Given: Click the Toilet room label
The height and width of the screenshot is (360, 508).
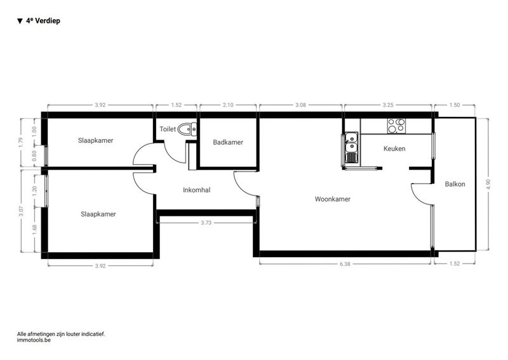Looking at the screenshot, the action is (x=168, y=129).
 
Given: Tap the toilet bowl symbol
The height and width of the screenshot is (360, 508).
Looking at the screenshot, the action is (x=187, y=129).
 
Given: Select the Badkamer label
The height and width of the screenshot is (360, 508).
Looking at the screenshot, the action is (x=228, y=142).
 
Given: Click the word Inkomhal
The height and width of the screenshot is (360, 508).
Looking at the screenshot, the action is (x=196, y=190).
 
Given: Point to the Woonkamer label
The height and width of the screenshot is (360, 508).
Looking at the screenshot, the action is (x=332, y=199).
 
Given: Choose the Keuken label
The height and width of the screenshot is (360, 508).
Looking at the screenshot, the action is (x=394, y=149).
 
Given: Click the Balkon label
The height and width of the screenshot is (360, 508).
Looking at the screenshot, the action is (x=455, y=184).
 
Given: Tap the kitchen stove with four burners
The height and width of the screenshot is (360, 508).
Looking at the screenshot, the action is (x=396, y=126).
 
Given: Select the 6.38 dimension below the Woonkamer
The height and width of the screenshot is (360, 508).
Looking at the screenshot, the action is (x=345, y=263).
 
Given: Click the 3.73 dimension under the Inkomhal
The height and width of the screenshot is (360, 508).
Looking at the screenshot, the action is (x=206, y=223).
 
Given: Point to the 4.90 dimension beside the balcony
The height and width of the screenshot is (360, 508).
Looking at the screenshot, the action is (x=488, y=185).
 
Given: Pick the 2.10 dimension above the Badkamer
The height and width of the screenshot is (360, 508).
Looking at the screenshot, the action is (x=228, y=105).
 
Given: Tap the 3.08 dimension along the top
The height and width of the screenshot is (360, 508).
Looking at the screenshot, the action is (x=300, y=105).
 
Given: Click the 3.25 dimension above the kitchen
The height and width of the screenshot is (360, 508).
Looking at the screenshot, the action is (x=388, y=105).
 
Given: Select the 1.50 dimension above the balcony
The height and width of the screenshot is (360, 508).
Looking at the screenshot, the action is (x=455, y=105).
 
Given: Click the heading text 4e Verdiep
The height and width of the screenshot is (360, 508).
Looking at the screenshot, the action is (x=43, y=21).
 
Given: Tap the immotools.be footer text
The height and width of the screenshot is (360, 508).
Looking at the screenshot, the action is (x=34, y=340).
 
